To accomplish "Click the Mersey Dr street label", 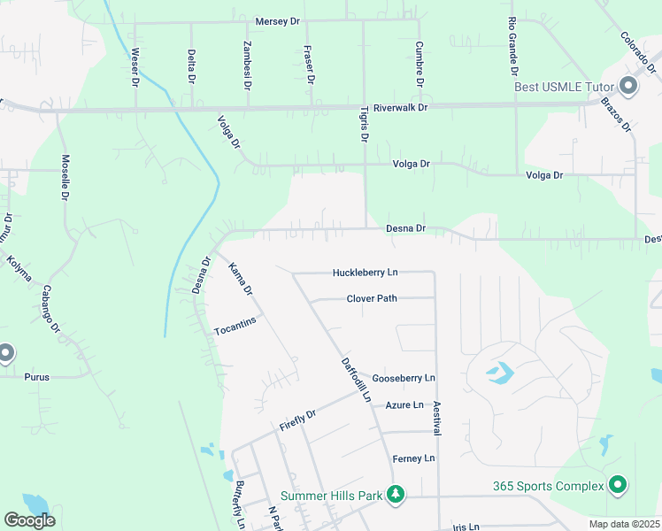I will [x=278, y=21].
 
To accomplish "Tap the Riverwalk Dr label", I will [x=400, y=107].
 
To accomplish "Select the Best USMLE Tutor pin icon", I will [x=629, y=86].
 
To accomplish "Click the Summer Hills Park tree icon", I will [x=397, y=495].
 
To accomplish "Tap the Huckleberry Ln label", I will [x=366, y=273].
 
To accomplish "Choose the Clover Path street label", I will [x=372, y=298].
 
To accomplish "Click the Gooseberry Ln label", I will [x=404, y=378].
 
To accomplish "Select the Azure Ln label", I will [x=404, y=404].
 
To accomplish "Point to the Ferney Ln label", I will [x=414, y=458].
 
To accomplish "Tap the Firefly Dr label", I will [x=297, y=420].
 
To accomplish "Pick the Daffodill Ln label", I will [x=355, y=379].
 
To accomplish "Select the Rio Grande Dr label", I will [x=512, y=44].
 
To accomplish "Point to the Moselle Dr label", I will [x=65, y=177].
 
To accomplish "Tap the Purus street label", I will [x=37, y=377].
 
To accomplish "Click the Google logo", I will [x=29, y=520].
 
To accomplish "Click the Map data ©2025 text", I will [x=624, y=524].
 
